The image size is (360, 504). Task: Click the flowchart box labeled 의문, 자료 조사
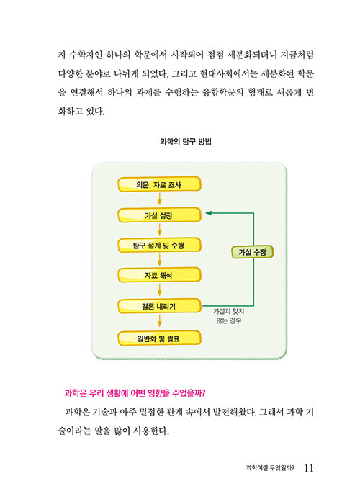[159, 184]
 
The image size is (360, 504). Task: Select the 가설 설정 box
[159, 215]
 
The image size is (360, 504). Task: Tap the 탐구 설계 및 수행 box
[159, 246]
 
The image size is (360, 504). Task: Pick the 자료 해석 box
[159, 275]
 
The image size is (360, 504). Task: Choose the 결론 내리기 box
[159, 306]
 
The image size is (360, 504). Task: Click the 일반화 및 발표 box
[159, 338]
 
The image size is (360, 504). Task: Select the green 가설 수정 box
[252, 252]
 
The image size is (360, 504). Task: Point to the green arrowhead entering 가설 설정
[208, 213]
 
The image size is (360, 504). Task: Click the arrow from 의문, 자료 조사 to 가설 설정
[159, 199]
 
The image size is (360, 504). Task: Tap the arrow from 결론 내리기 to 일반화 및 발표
[159, 321]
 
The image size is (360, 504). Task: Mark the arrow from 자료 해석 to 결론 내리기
[159, 290]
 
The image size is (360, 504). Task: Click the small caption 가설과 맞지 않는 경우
[229, 315]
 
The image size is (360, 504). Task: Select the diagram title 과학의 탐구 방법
[186, 141]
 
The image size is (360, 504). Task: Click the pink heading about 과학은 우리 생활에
[135, 393]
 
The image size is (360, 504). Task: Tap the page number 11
[309, 468]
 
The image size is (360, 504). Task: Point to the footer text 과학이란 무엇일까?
[270, 468]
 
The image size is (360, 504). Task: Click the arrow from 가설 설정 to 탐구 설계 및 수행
[159, 230]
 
